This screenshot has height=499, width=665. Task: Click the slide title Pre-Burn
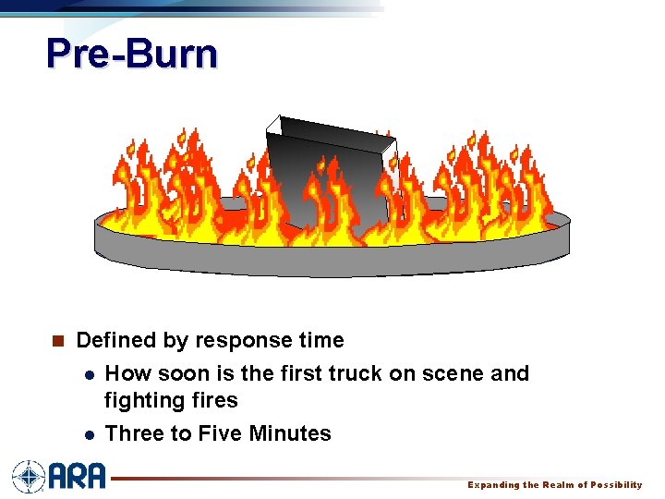[132, 55]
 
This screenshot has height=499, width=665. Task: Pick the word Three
[132, 433]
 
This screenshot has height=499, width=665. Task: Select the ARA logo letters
[78, 477]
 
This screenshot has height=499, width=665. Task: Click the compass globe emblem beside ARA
[29, 477]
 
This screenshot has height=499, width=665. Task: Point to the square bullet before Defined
[57, 342]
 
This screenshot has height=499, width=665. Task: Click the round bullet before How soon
[87, 375]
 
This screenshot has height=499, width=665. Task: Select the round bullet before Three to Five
[87, 434]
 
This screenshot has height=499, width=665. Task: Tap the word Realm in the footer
[557, 485]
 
